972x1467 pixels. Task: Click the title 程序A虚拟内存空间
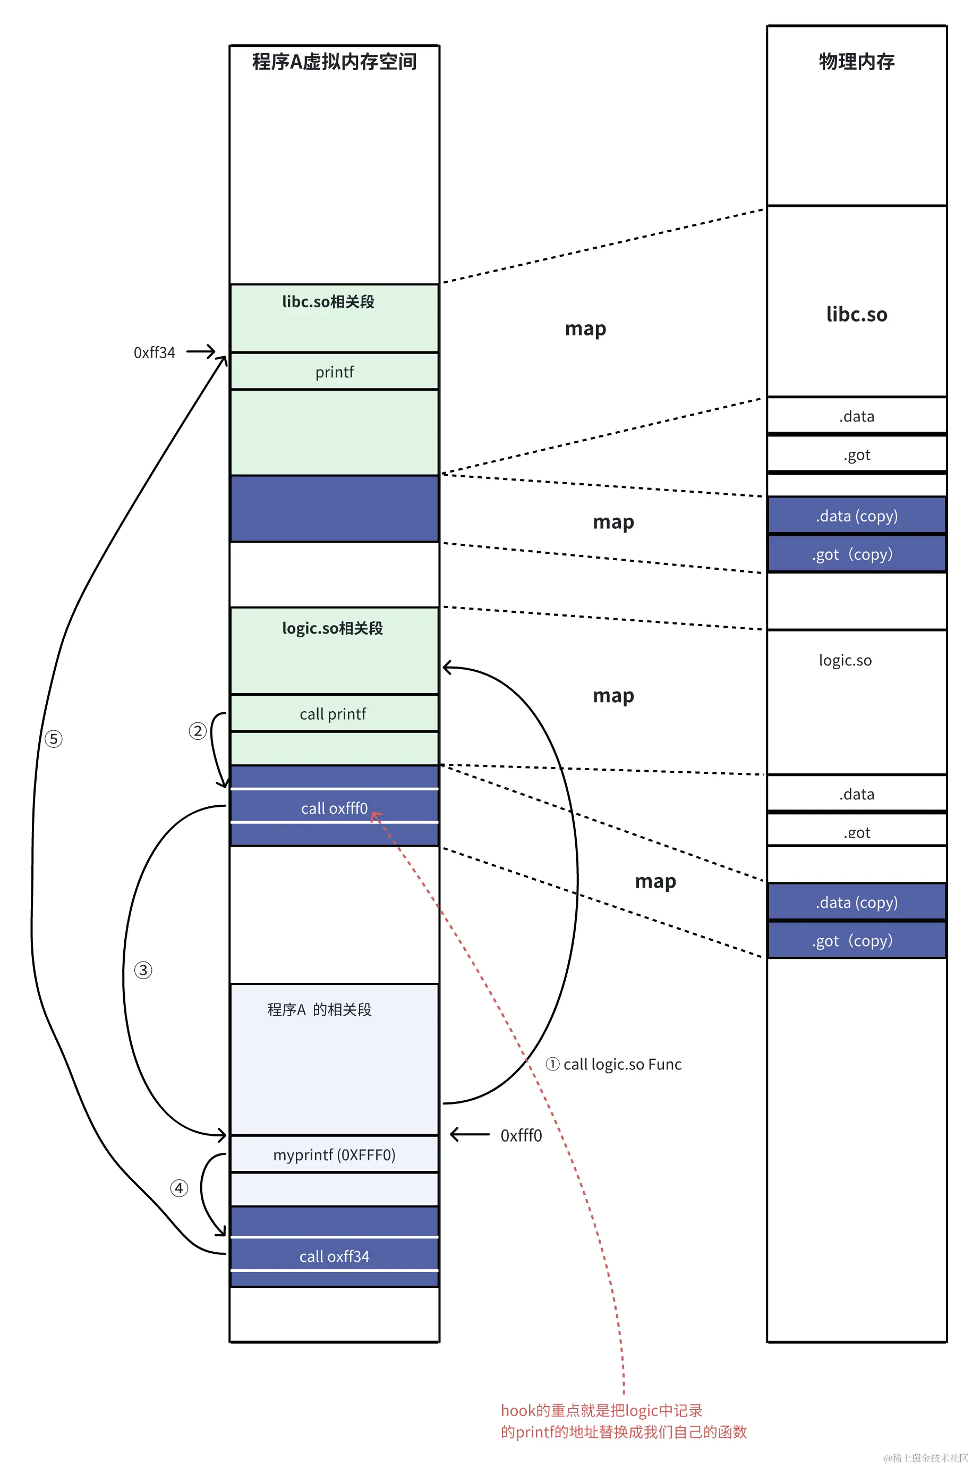click(334, 62)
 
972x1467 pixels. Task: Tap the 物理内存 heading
click(856, 62)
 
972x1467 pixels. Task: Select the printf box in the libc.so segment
click(334, 372)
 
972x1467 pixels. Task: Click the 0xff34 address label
click(155, 352)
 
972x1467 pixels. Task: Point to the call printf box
click(333, 713)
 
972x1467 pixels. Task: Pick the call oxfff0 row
click(334, 807)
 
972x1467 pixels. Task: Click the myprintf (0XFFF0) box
click(334, 1154)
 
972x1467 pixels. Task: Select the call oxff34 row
click(334, 1256)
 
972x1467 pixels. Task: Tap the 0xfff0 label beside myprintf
click(521, 1135)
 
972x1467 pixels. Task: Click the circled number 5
click(53, 739)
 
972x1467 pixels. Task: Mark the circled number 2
click(197, 731)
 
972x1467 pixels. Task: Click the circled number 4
click(179, 1188)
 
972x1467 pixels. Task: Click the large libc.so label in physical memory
click(856, 314)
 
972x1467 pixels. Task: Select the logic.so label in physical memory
click(845, 660)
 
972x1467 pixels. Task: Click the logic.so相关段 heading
click(332, 628)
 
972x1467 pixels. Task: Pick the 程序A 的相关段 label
click(319, 1009)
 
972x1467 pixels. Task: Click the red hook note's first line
click(601, 1410)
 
